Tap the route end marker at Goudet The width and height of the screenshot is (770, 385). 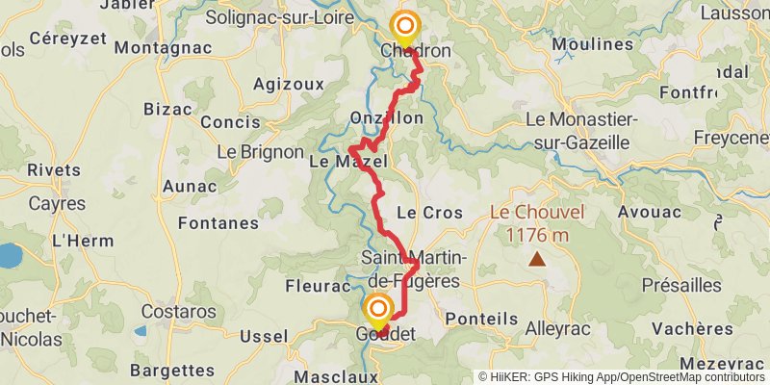pos(379,309)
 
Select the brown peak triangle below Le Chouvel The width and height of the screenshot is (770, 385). pos(535,259)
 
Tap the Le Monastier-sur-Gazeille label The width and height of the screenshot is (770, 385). pos(577,131)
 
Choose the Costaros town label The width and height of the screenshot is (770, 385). pos(178,312)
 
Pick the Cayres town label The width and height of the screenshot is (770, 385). pos(57,204)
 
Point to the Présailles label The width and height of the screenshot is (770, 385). pos(682,285)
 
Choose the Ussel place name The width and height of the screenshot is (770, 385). pos(263,336)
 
